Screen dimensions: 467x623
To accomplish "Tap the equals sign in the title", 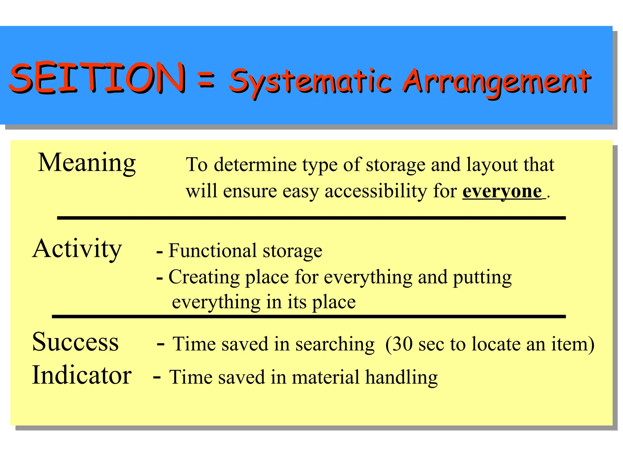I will pyautogui.click(x=207, y=80).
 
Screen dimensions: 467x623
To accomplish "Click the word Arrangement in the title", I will pyautogui.click(x=496, y=81).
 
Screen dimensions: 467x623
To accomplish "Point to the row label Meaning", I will pyautogui.click(x=87, y=163).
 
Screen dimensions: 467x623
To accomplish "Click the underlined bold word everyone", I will pyautogui.click(x=502, y=192).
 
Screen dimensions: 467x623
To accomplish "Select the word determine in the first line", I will pyautogui.click(x=255, y=165).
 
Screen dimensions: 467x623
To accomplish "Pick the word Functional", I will pyautogui.click(x=212, y=251).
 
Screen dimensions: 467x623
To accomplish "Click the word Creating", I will pyautogui.click(x=204, y=278).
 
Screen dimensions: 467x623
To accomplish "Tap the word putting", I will pyautogui.click(x=482, y=278).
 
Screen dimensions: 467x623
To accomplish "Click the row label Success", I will pyautogui.click(x=75, y=342).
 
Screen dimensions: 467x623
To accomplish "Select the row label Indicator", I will pyautogui.click(x=82, y=375).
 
